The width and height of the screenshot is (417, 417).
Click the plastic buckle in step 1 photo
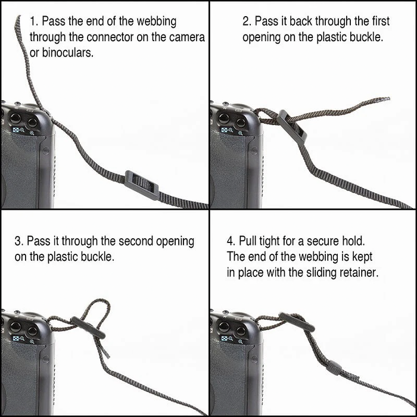click(x=142, y=183)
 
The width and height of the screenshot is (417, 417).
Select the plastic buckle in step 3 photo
click(x=90, y=326)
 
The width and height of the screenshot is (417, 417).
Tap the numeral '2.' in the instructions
click(x=247, y=21)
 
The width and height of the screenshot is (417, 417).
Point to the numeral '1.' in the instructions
click(x=33, y=21)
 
